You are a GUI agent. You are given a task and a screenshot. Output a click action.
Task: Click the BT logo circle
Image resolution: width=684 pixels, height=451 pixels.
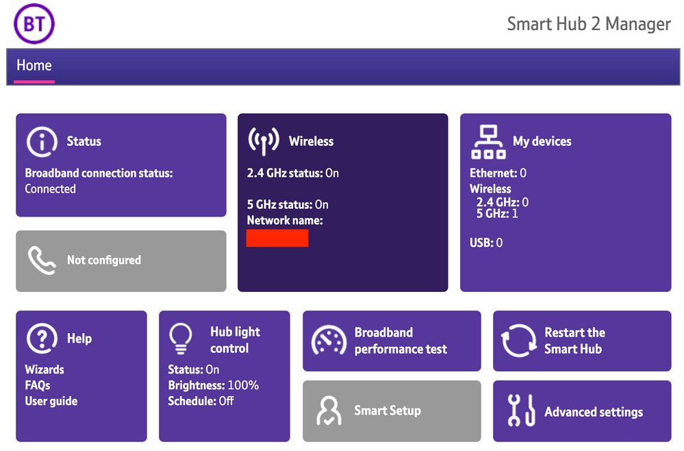tap(34, 23)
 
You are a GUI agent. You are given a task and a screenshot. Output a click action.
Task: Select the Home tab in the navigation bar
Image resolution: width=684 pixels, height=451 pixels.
tap(34, 66)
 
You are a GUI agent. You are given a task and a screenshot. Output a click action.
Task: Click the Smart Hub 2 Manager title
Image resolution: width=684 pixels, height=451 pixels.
tap(588, 24)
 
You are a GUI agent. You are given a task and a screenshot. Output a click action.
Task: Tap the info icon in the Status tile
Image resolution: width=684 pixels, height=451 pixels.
tap(42, 142)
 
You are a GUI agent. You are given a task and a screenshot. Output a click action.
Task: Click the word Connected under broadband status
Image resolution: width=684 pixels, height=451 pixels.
tap(50, 189)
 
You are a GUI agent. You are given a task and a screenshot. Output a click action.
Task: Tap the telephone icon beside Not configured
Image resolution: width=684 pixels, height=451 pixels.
tap(42, 260)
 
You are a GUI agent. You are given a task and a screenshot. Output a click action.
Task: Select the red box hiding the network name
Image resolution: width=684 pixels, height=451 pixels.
tap(277, 238)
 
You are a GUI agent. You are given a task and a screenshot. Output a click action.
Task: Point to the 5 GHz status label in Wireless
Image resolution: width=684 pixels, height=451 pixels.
tap(279, 204)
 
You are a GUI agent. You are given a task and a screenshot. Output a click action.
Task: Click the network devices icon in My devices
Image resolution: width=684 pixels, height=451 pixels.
tap(489, 143)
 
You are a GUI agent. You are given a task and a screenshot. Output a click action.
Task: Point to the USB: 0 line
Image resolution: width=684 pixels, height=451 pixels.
tap(486, 243)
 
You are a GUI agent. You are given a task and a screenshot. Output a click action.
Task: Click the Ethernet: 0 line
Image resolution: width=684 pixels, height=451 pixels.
tap(498, 173)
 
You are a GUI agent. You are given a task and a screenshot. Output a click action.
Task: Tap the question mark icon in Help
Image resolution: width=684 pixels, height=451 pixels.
tap(42, 339)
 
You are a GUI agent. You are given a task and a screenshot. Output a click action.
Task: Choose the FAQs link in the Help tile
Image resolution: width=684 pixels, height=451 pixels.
tap(38, 385)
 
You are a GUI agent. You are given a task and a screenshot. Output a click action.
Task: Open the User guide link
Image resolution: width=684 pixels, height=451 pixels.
tap(51, 401)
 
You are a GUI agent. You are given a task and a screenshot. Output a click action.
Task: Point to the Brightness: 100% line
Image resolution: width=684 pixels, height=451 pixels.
tap(214, 385)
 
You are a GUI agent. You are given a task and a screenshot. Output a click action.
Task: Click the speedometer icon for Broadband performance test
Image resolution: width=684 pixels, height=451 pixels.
tap(329, 340)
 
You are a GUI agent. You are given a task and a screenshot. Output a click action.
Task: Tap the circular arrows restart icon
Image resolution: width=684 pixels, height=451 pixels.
tap(519, 341)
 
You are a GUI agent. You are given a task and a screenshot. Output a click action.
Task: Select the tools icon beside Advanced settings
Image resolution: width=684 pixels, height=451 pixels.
tap(521, 410)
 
